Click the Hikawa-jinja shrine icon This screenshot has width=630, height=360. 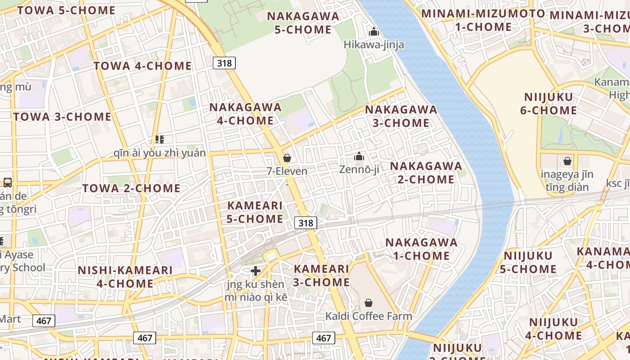point(373,32)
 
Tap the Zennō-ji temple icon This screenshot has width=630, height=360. point(359,156)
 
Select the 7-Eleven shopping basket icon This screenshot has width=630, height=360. point(287,158)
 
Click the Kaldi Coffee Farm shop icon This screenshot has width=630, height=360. point(369,302)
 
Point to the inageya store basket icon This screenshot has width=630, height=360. point(567,161)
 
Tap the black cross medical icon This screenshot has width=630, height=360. point(256,270)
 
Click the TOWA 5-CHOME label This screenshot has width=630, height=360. point(67,10)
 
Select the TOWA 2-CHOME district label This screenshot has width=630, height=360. point(131,188)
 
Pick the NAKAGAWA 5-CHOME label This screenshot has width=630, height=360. point(303,22)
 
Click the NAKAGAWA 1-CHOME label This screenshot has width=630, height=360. point(421,249)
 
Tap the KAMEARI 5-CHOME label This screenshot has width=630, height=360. point(255,212)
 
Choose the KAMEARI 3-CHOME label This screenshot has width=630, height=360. point(321,275)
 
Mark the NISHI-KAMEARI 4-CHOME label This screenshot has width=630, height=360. point(125,277)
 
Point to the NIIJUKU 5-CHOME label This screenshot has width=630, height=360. point(528,262)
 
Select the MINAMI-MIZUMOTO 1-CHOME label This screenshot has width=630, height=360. point(483,20)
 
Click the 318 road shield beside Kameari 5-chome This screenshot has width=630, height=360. point(306,222)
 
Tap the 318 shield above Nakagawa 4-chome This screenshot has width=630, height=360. point(224,63)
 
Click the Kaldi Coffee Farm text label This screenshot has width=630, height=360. point(369,316)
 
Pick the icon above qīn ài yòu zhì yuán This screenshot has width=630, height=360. point(159,139)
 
